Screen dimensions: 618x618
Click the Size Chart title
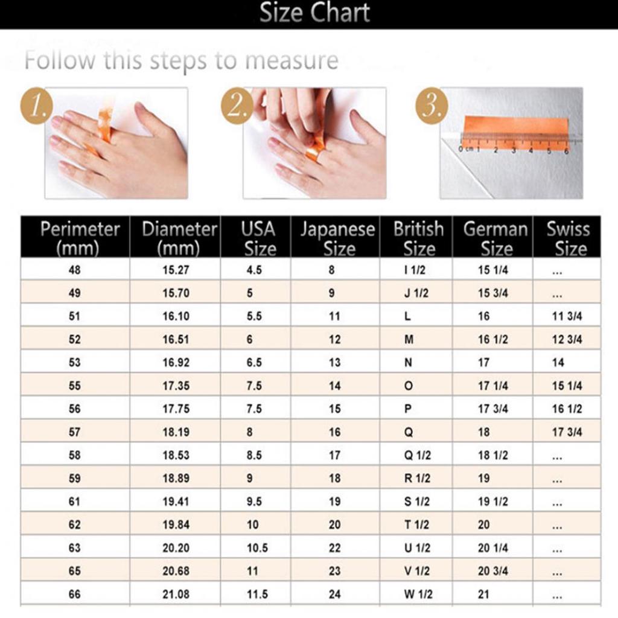tap(314, 13)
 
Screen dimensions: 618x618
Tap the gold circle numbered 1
tap(37, 106)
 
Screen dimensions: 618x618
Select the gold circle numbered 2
tap(237, 106)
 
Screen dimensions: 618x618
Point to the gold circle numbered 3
tap(432, 106)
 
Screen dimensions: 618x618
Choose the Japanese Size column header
tap(338, 238)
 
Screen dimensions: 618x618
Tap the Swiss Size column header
tap(568, 238)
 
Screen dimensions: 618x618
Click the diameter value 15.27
tap(176, 270)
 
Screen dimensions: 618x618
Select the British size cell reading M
tap(409, 339)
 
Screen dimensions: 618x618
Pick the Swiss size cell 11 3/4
tap(567, 316)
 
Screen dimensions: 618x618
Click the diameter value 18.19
tap(176, 432)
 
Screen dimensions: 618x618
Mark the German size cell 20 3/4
tap(492, 571)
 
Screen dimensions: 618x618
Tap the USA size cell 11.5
tap(257, 594)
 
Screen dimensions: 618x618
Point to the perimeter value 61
tap(74, 502)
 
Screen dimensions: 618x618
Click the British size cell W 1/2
tap(418, 594)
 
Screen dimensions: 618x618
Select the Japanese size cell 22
tap(334, 548)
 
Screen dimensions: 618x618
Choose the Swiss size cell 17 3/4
tap(567, 432)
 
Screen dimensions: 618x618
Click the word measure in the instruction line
tap(291, 61)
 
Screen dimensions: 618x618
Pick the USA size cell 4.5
tap(254, 270)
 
